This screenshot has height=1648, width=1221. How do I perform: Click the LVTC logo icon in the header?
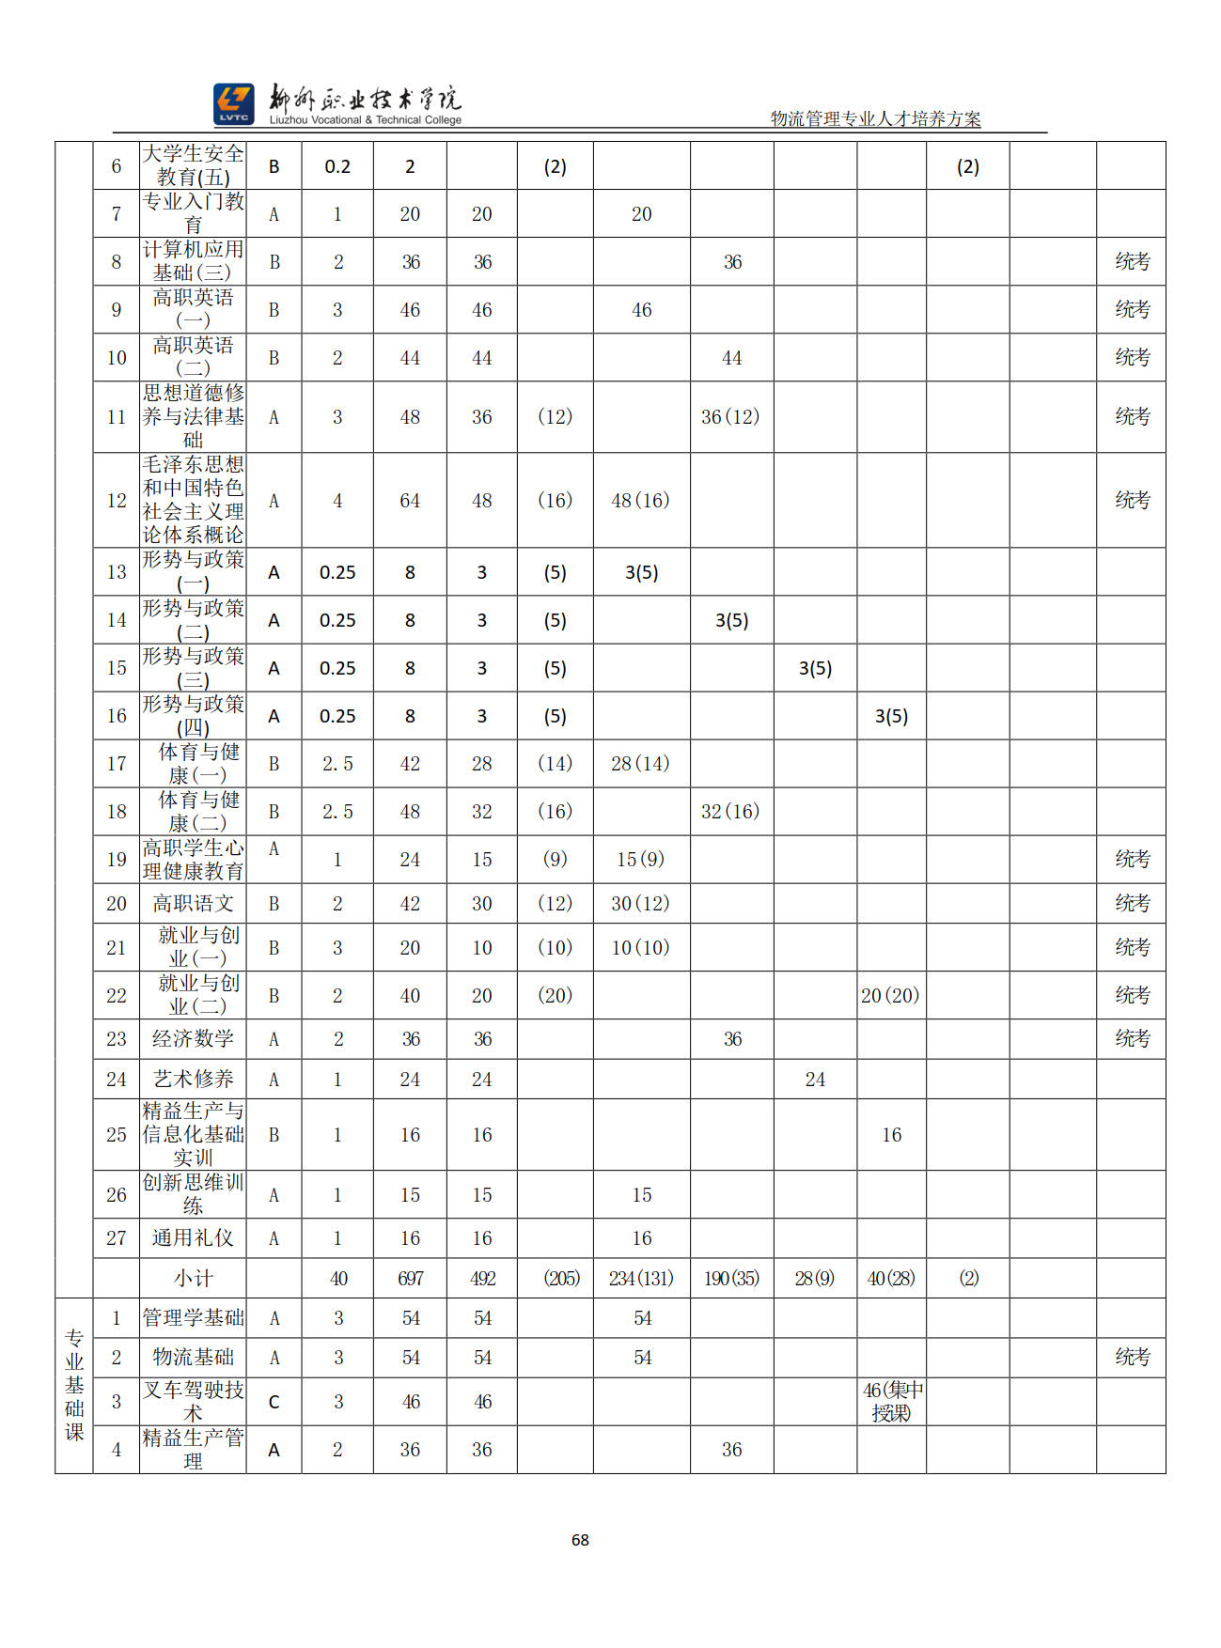pyautogui.click(x=233, y=104)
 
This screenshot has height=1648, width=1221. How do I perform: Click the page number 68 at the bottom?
pyautogui.click(x=580, y=1539)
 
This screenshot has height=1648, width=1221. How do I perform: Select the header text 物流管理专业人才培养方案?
pyautogui.click(x=875, y=119)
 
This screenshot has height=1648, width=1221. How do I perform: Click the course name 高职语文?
pyautogui.click(x=193, y=904)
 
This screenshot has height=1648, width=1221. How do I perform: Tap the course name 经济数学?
pyautogui.click(x=193, y=1039)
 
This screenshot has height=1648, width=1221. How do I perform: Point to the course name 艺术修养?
pyautogui.click(x=193, y=1080)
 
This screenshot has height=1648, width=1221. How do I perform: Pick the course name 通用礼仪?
pyautogui.click(x=193, y=1238)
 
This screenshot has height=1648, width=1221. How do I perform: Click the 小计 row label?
pyautogui.click(x=193, y=1279)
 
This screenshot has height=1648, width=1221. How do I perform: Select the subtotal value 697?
pyautogui.click(x=410, y=1279)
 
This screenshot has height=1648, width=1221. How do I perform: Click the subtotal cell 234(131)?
pyautogui.click(x=641, y=1279)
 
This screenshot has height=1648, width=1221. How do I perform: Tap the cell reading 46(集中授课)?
pyautogui.click(x=891, y=1402)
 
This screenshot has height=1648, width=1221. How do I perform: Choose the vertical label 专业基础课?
pyautogui.click(x=74, y=1385)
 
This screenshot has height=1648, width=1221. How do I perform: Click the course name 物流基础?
pyautogui.click(x=193, y=1358)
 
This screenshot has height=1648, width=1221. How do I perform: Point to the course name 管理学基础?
pyautogui.click(x=193, y=1318)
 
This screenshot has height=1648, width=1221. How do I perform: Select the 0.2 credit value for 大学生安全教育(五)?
pyautogui.click(x=337, y=167)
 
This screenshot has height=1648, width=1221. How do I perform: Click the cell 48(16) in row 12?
pyautogui.click(x=641, y=501)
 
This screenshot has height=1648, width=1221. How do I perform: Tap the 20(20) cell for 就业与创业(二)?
pyautogui.click(x=890, y=996)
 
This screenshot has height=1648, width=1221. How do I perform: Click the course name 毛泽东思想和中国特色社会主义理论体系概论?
pyautogui.click(x=193, y=500)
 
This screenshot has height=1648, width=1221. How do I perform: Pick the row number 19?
pyautogui.click(x=117, y=860)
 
